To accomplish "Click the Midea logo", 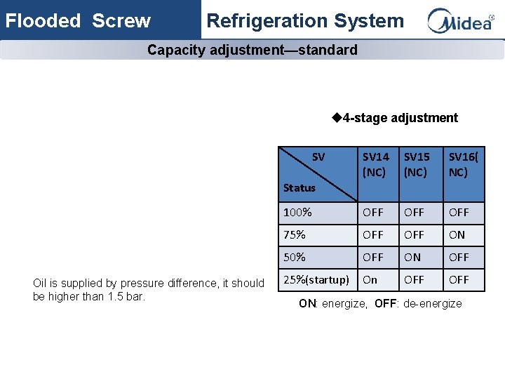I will pyautogui.click(x=461, y=20).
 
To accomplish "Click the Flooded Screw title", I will pyautogui.click(x=78, y=21).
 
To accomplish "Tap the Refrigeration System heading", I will pyautogui.click(x=305, y=21).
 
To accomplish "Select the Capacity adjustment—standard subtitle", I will pyautogui.click(x=252, y=50).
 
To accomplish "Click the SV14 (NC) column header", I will pyautogui.click(x=375, y=164).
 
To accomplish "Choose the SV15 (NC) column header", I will pyautogui.click(x=417, y=164).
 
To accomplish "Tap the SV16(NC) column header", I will pyautogui.click(x=462, y=164).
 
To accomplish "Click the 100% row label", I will pyautogui.click(x=297, y=212).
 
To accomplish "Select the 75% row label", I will pyautogui.click(x=294, y=235).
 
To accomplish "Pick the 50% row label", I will pyautogui.click(x=294, y=258).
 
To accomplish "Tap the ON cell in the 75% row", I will pyautogui.click(x=457, y=235).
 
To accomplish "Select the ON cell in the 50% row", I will pyautogui.click(x=413, y=258).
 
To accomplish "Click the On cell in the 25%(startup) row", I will pyautogui.click(x=370, y=280).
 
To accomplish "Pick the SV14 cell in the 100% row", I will pyautogui.click(x=373, y=212).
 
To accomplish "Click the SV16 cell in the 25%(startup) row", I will pyautogui.click(x=459, y=280).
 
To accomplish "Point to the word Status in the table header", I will pyautogui.click(x=299, y=187).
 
